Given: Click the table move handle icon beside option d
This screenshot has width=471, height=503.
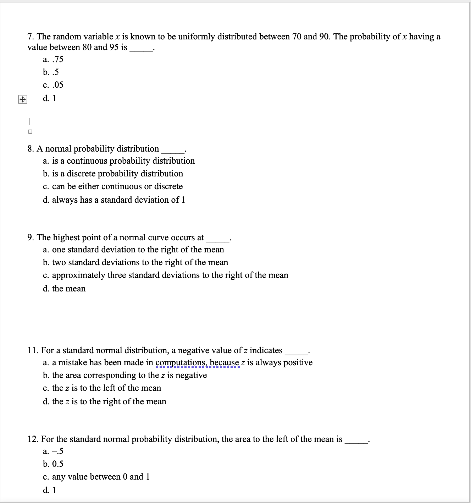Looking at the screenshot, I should (x=22, y=100).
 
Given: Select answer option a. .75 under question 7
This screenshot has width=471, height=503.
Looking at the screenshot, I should (x=53, y=59).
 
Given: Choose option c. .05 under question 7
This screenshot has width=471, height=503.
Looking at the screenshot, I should (x=53, y=85).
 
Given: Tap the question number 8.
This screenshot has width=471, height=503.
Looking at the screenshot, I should (x=31, y=149).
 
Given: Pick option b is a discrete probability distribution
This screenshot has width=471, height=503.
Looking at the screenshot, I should (x=113, y=174).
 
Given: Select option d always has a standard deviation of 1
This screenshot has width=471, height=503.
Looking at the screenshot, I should (x=114, y=200).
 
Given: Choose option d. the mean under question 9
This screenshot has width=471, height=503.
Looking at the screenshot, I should (x=64, y=289).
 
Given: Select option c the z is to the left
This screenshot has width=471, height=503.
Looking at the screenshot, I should (x=102, y=388).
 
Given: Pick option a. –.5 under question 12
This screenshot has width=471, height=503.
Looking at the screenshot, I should (x=53, y=452).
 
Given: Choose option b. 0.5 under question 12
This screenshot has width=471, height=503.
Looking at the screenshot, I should (x=53, y=464).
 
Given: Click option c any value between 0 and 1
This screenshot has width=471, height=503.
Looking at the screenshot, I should (x=96, y=477).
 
